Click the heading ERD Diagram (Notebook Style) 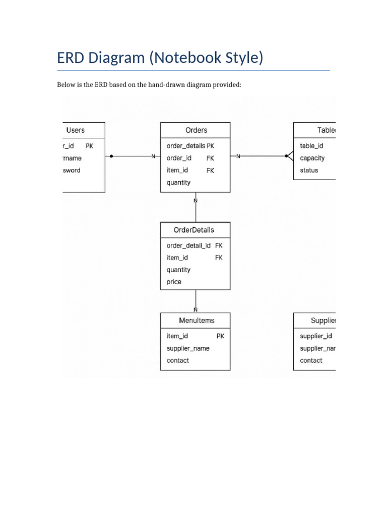point(160,58)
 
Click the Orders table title point(196,130)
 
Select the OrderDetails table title point(194,230)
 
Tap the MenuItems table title point(197,320)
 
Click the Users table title point(76,130)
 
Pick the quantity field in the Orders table point(179,183)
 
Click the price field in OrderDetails point(174,282)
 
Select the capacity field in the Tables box point(312,158)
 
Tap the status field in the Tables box point(309,170)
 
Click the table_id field point(311,146)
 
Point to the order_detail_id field point(189,245)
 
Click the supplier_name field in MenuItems point(188,348)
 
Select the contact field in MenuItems point(178,360)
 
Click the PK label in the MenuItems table point(221,335)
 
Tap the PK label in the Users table point(89,146)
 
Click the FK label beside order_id point(211,158)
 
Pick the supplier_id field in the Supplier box point(316,335)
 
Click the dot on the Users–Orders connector point(111,156)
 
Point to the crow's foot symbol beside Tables point(289,156)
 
